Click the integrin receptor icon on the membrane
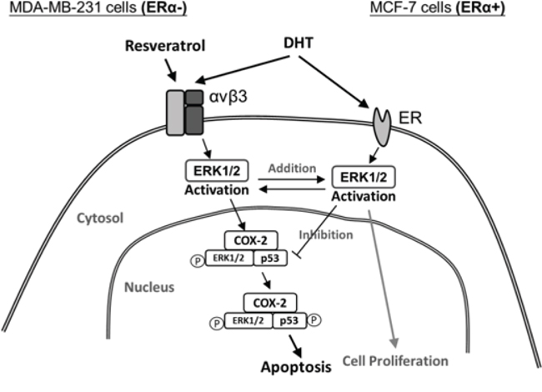pyautogui.click(x=182, y=110)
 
